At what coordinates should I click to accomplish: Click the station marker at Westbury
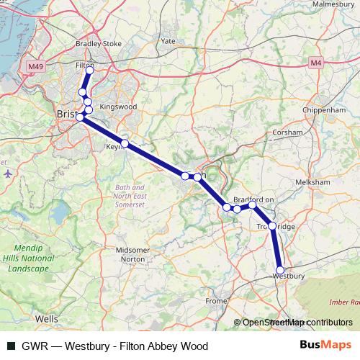pyautogui.click(x=280, y=270)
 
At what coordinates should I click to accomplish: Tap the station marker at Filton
pyautogui.click(x=90, y=71)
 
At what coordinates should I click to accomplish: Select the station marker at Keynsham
pyautogui.click(x=125, y=143)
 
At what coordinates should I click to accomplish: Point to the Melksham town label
pyautogui.click(x=312, y=183)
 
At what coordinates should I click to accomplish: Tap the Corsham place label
pyautogui.click(x=287, y=133)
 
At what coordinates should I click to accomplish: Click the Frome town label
pyautogui.click(x=216, y=301)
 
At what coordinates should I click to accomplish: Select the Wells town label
pyautogui.click(x=47, y=318)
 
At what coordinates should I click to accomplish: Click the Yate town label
pyautogui.click(x=168, y=41)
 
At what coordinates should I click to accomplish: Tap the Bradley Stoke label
pyautogui.click(x=98, y=43)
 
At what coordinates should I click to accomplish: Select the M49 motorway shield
pyautogui.click(x=37, y=66)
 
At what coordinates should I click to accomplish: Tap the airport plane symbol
pyautogui.click(x=7, y=173)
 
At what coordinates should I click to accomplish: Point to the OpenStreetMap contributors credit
pyautogui.click(x=297, y=323)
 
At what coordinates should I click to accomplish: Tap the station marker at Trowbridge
pyautogui.click(x=272, y=225)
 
